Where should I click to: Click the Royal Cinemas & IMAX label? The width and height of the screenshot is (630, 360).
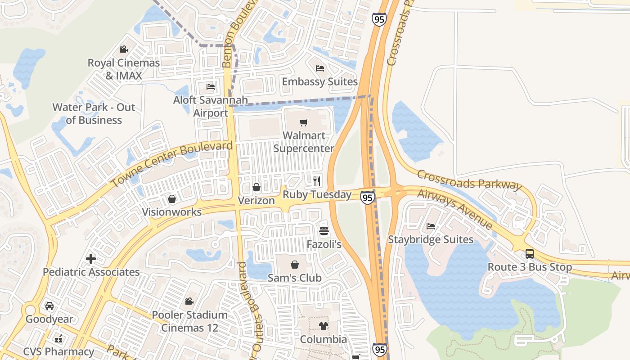point(124,69)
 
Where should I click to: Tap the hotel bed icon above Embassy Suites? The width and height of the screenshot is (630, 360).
point(320,68)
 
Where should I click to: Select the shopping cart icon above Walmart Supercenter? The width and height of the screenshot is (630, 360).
point(304,122)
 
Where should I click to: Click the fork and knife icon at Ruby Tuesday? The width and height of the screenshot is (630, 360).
point(317,181)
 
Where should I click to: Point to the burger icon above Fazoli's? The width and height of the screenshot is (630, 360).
point(324,231)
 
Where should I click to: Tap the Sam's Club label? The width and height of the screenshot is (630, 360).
point(295,278)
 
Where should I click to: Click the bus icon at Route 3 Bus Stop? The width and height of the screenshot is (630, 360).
point(530,254)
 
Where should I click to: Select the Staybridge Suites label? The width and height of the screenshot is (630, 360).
point(431,239)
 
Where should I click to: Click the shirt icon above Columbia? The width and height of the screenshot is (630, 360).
point(324,326)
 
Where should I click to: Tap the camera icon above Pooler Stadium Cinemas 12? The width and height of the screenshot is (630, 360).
point(189,301)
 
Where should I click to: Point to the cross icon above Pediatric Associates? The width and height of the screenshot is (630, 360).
point(91,259)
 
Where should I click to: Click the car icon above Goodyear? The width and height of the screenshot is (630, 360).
point(49,306)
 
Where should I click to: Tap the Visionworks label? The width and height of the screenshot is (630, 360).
point(172,211)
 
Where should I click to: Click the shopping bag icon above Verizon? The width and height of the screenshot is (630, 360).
point(256,187)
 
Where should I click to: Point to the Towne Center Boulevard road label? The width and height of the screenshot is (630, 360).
point(172,164)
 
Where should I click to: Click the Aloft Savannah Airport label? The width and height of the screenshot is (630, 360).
point(211,106)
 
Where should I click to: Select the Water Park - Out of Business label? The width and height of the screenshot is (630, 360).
point(94,113)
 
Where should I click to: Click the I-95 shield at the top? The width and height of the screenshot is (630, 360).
point(379,19)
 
